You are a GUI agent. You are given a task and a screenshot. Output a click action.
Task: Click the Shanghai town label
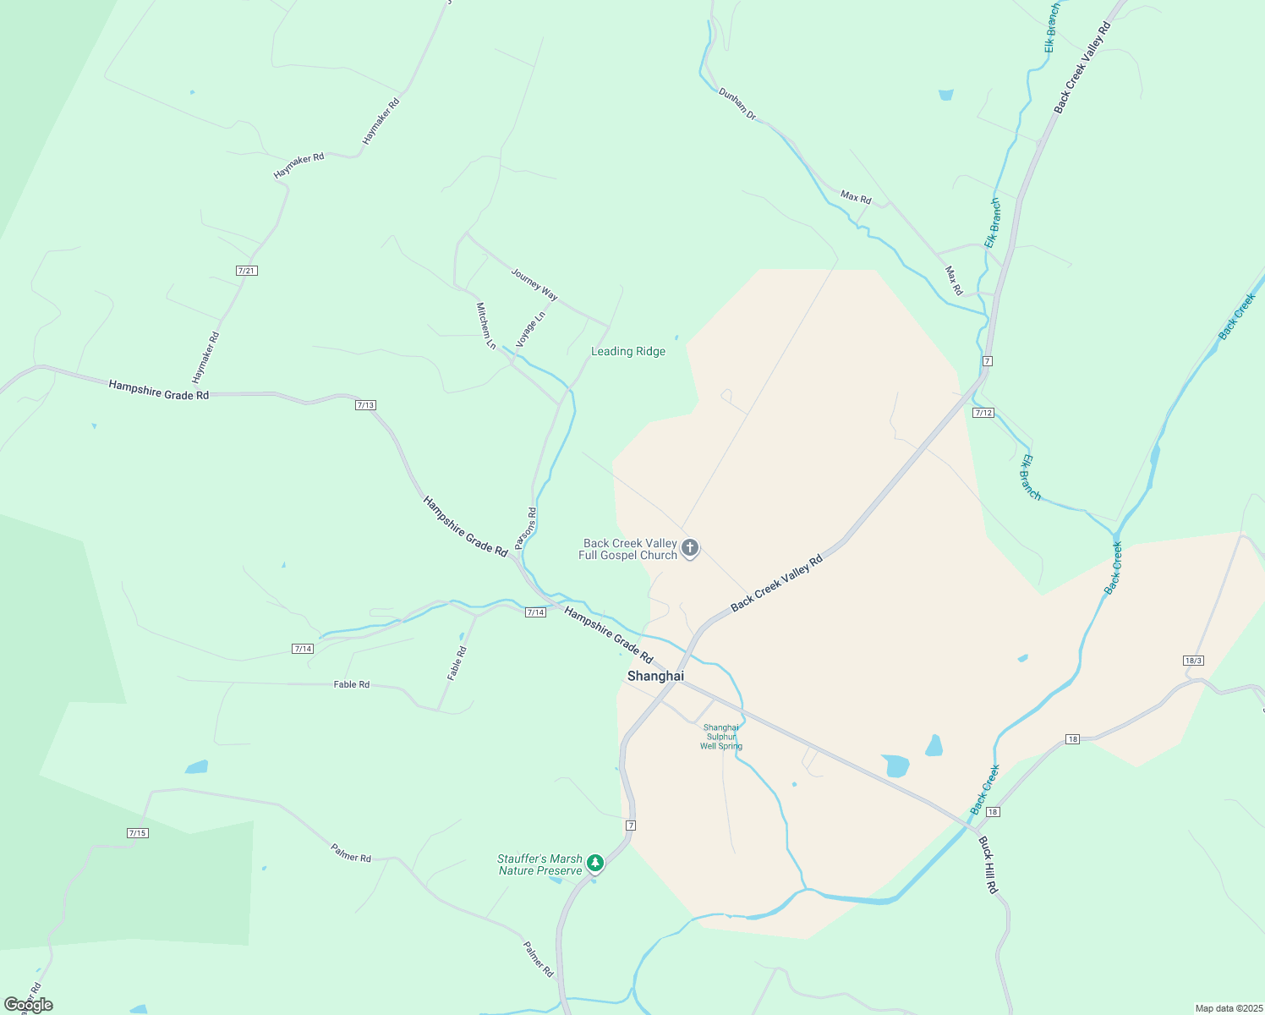pyautogui.click(x=655, y=676)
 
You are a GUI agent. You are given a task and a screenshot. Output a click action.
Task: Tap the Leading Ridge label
pyautogui.click(x=628, y=351)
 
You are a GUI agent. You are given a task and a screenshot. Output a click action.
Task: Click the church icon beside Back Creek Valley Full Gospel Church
pyautogui.click(x=690, y=548)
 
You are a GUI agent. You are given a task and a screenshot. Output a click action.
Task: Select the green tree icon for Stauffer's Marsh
pyautogui.click(x=595, y=863)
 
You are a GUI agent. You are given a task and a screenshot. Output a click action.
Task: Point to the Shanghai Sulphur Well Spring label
pyautogui.click(x=721, y=737)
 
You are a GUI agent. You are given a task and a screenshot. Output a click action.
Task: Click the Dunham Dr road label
pyautogui.click(x=737, y=103)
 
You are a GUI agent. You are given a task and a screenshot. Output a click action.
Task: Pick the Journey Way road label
pyautogui.click(x=534, y=283)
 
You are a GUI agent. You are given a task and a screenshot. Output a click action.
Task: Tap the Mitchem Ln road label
pyautogui.click(x=486, y=326)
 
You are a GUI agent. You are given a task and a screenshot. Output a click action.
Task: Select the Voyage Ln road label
pyautogui.click(x=531, y=328)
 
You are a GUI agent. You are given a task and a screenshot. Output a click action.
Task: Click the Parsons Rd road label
pyautogui.click(x=526, y=529)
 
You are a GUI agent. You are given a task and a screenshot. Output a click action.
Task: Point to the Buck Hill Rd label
pyautogui.click(x=988, y=864)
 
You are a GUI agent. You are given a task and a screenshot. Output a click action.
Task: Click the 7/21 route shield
pyautogui.click(x=247, y=271)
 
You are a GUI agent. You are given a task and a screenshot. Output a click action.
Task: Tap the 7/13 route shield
pyautogui.click(x=365, y=405)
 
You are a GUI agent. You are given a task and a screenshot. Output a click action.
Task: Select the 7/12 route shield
pyautogui.click(x=983, y=413)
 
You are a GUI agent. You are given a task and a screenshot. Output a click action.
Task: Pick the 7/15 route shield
pyautogui.click(x=138, y=833)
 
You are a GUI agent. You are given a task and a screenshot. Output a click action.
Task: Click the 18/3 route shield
pyautogui.click(x=1193, y=660)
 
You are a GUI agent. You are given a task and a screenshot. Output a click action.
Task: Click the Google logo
pyautogui.click(x=29, y=1005)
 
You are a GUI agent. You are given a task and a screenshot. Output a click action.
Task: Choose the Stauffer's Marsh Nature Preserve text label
pyautogui.click(x=540, y=864)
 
